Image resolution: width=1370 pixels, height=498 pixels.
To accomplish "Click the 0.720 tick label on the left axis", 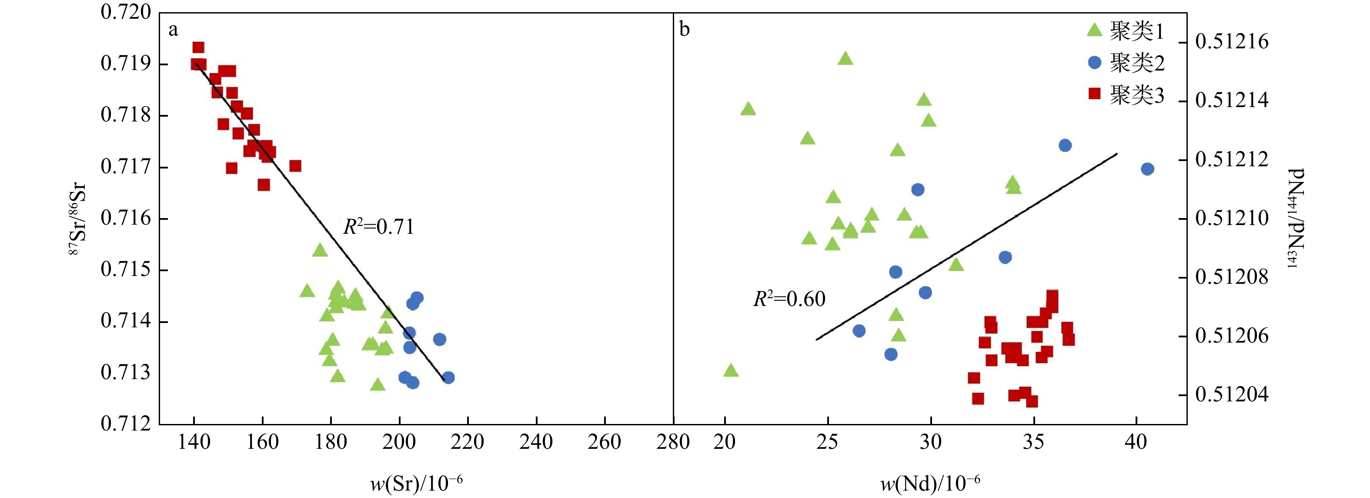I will pos(126,12).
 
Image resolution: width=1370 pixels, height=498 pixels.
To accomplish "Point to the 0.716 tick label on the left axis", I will pos(126,219).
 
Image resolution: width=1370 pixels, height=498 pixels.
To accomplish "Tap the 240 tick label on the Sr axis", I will pos(536,441).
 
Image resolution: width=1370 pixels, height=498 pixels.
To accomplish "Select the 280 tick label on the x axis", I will pos(673,441).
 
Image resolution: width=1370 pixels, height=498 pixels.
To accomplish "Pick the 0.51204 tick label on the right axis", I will pos(1232,395).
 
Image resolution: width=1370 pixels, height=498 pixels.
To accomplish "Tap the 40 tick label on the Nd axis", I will pos(1136,441).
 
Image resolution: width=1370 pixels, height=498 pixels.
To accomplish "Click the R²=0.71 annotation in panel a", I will pos(378,227).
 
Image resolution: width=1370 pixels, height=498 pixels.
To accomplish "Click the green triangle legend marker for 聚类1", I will pos(1094,30).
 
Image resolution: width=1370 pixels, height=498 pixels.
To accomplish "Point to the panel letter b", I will pos(685,29).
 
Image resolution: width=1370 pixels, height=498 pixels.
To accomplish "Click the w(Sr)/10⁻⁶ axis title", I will pos(416,484).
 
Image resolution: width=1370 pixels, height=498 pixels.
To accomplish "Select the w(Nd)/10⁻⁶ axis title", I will pos(930,484).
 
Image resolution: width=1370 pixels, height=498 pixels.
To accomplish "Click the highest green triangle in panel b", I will pos(845,58).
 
